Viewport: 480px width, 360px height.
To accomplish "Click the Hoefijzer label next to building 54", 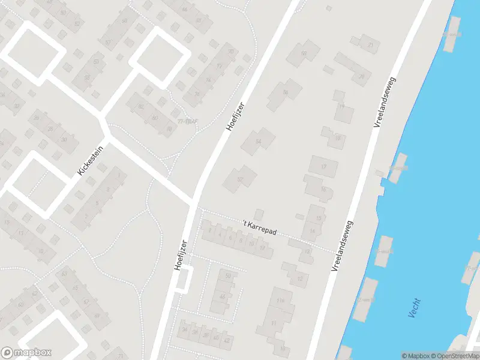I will click(236, 116).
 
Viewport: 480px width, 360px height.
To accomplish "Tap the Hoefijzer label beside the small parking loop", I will click(182, 256).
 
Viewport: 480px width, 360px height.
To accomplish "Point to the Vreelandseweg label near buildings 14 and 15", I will click(342, 245).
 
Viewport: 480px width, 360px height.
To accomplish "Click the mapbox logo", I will click(26, 353).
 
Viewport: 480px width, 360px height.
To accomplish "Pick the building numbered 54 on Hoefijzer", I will click(258, 142).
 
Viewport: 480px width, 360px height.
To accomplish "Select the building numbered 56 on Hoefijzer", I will click(284, 94).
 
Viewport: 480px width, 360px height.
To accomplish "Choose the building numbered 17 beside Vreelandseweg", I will click(323, 166).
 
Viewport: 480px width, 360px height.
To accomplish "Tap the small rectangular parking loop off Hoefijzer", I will click(185, 280).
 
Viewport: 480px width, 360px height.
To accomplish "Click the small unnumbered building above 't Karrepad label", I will click(259, 214).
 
